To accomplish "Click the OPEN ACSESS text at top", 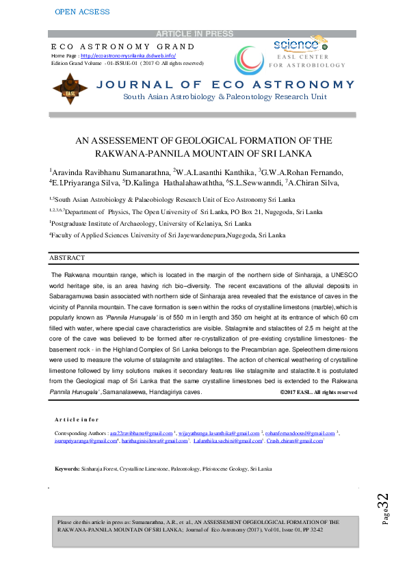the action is (81, 12).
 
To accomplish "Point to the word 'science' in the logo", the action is (293, 44).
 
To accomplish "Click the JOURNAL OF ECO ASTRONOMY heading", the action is (226, 85).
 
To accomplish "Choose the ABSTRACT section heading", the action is (67, 258).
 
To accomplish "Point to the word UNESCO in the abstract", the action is (339, 274).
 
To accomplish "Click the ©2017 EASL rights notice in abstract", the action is (319, 392).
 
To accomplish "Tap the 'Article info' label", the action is (76, 419).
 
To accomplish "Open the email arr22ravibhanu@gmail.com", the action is (131, 433).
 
